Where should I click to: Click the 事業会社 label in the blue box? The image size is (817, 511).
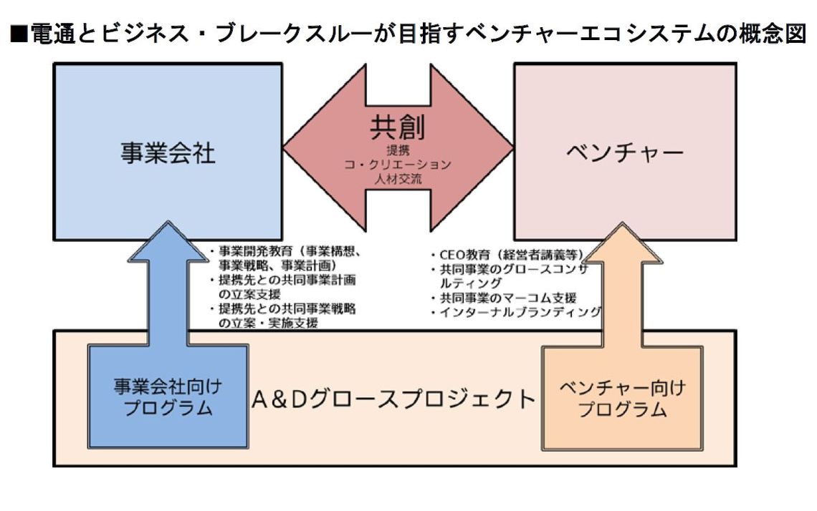168,152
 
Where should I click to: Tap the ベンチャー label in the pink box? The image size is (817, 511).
624,152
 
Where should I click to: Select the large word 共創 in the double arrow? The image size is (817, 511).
398,127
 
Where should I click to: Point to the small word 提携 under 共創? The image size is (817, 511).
398,151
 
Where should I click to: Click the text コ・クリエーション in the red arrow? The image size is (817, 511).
398,165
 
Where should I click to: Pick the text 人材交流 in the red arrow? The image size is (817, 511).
398,178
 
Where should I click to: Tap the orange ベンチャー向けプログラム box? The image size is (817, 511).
621,397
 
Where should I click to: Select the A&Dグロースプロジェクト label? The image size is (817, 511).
393,399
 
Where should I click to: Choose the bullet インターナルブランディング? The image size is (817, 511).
516,312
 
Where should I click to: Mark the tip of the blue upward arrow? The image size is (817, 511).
168,223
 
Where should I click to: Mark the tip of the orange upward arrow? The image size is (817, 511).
621,223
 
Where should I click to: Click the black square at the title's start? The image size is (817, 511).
19,34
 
